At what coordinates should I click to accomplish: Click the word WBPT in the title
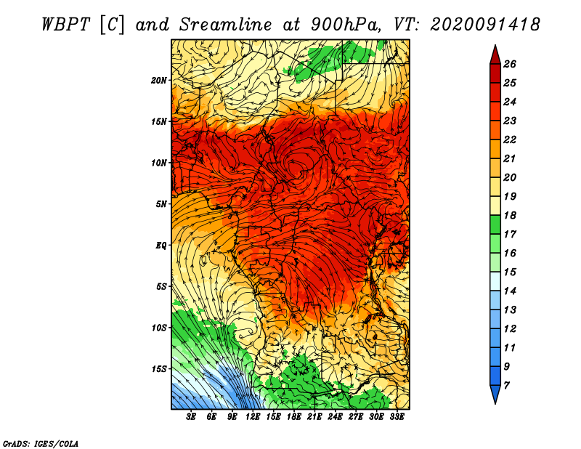pos(65,25)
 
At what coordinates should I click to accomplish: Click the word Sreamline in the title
pos(226,25)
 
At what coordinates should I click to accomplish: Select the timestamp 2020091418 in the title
pos(484,25)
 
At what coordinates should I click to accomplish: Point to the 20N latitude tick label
pos(159,81)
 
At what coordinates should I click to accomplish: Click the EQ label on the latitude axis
pos(161,246)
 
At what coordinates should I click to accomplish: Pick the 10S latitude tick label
pos(159,328)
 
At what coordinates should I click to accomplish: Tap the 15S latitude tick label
pos(159,369)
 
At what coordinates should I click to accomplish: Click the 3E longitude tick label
pos(191,417)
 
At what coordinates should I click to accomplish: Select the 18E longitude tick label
pos(294,417)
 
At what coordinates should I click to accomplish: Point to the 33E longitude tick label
pos(397,417)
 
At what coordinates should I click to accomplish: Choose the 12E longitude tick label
pos(253,417)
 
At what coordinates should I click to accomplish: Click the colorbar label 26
pos(510,64)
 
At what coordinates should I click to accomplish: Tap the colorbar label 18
pos(510,215)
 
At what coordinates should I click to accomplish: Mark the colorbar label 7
pos(506,386)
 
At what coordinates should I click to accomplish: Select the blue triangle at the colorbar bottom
pos(495,392)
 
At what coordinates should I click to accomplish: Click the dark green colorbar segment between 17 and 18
pos(495,224)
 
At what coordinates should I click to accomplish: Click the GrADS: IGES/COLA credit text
pos(41,444)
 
